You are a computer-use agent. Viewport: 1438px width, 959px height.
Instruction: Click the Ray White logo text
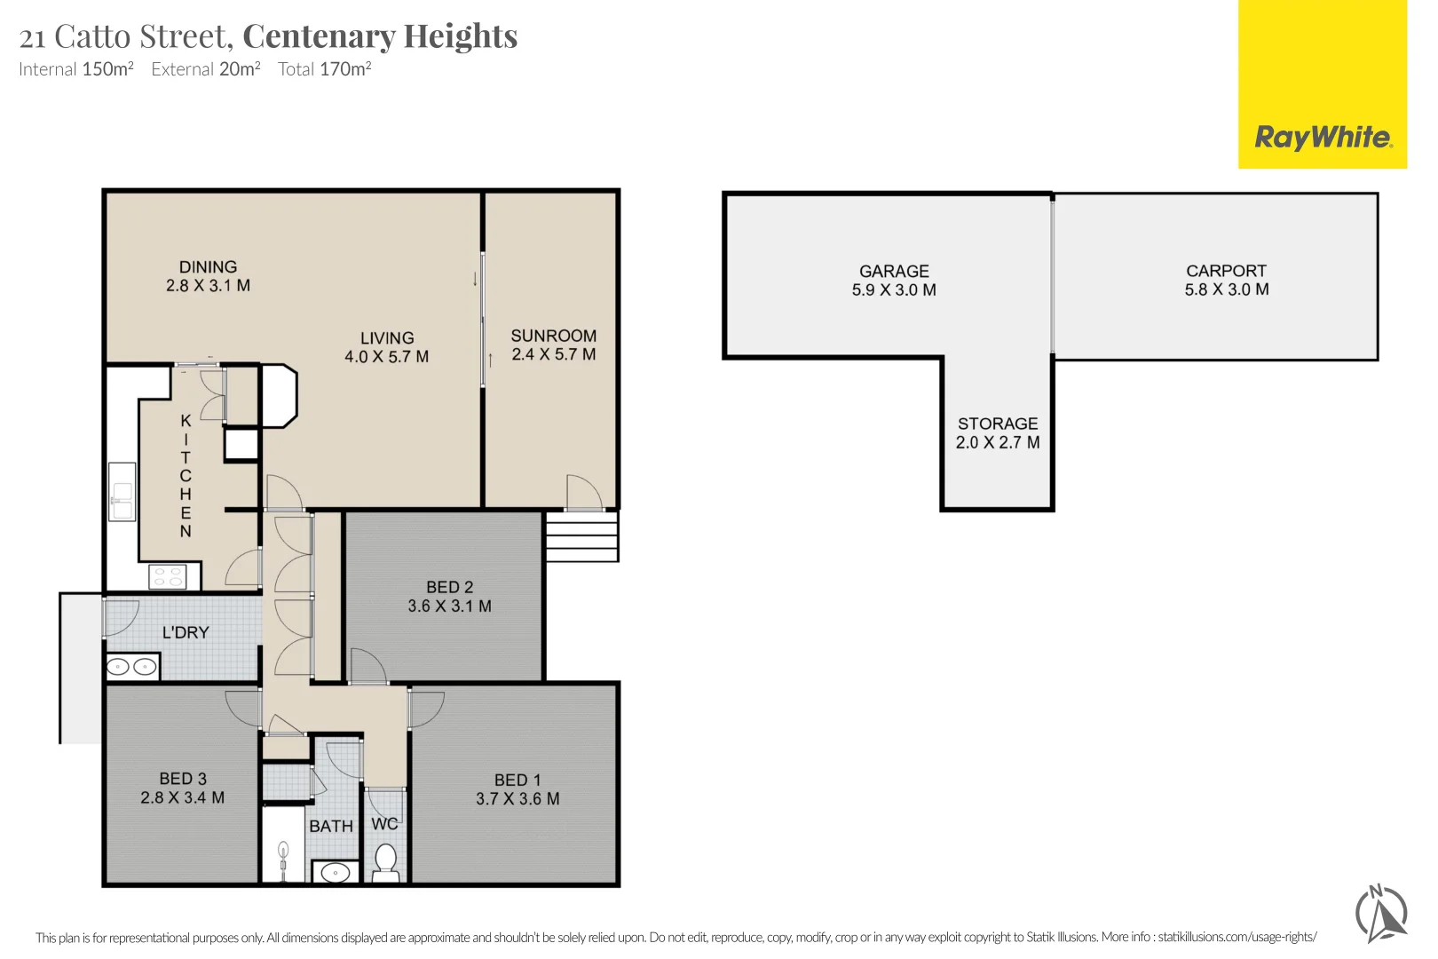[1323, 138]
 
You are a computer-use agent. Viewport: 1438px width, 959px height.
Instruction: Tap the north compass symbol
[1381, 914]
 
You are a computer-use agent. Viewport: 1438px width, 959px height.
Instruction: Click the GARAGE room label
[894, 272]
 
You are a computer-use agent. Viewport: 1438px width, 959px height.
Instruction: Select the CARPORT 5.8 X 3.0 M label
[1226, 280]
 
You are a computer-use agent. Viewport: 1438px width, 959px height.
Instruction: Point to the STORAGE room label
[998, 424]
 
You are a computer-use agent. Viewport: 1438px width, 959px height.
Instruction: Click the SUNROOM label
[553, 336]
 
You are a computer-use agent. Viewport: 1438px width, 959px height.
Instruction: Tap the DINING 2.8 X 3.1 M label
[208, 276]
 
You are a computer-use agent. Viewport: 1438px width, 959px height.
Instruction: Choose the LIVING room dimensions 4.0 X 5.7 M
[386, 356]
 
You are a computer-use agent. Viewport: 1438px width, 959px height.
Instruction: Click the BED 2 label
[449, 587]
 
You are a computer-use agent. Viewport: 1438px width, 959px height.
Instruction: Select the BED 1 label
[518, 780]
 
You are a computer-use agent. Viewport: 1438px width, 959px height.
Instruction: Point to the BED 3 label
[183, 779]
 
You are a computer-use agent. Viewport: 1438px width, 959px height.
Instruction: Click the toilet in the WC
[385, 861]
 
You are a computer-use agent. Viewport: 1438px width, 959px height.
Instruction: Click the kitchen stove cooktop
[168, 576]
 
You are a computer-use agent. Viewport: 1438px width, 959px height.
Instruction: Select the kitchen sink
[122, 491]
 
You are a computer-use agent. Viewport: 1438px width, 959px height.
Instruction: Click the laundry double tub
[132, 667]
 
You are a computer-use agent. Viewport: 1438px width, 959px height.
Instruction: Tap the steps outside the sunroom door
[581, 536]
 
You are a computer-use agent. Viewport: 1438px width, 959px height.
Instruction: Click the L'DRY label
[186, 633]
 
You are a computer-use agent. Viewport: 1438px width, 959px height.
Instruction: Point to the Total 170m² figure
[325, 68]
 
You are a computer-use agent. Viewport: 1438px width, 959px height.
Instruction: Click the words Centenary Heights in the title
[380, 36]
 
